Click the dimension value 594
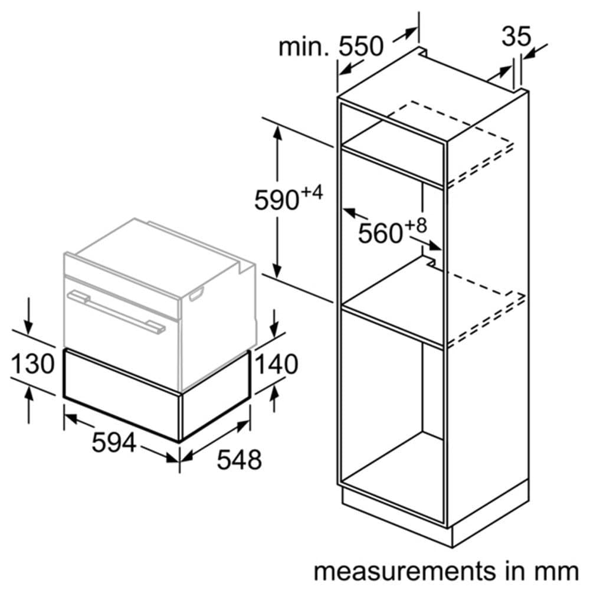click(x=114, y=442)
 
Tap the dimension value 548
click(x=239, y=460)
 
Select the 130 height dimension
click(x=32, y=365)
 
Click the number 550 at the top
click(x=361, y=46)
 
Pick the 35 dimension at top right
click(x=516, y=37)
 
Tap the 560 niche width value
click(x=380, y=234)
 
